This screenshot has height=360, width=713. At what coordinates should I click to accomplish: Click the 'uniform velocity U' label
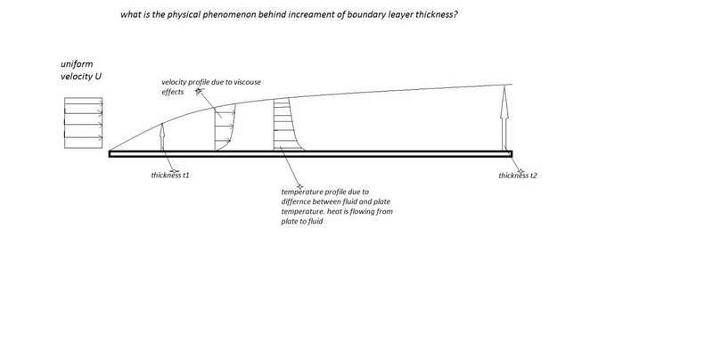pyautogui.click(x=78, y=72)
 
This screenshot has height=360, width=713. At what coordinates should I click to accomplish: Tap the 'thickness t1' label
pyautogui.click(x=171, y=176)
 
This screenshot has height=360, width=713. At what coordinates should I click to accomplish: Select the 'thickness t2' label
pyautogui.click(x=518, y=176)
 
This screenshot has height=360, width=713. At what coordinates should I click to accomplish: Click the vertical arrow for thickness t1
pyautogui.click(x=162, y=137)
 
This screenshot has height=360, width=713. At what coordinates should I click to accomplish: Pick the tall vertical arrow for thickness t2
pyautogui.click(x=505, y=121)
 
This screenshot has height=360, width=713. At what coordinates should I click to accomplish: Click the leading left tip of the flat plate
pyautogui.click(x=111, y=153)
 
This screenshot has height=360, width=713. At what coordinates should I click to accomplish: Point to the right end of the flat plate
pyautogui.click(x=511, y=153)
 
